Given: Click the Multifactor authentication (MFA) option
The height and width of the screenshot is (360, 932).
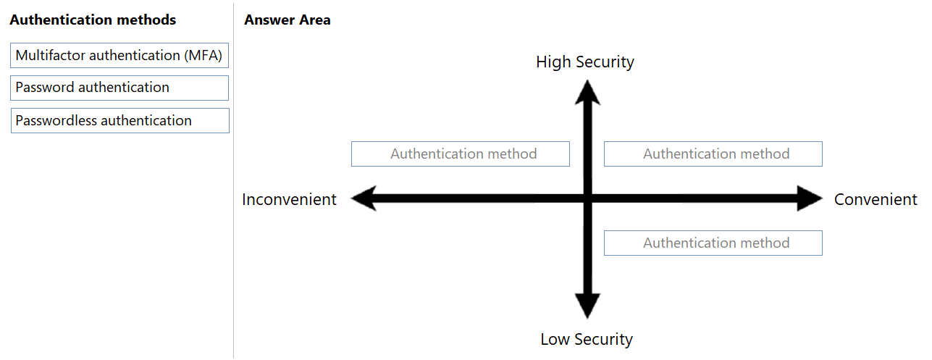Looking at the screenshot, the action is pyautogui.click(x=119, y=55).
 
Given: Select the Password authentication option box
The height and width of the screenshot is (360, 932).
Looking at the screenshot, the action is pyautogui.click(x=119, y=88).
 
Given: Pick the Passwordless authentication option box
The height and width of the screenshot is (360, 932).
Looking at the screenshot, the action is pyautogui.click(x=119, y=121).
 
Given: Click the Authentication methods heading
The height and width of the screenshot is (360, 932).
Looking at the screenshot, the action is pyautogui.click(x=93, y=20).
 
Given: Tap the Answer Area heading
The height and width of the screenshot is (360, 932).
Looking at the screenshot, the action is pyautogui.click(x=287, y=20).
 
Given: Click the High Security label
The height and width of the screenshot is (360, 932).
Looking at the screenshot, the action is pyautogui.click(x=585, y=62).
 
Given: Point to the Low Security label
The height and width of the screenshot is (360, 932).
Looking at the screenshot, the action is pyautogui.click(x=587, y=339).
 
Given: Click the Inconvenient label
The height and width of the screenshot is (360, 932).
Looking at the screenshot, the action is pyautogui.click(x=289, y=199).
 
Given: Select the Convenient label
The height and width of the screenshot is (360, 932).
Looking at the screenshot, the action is pyautogui.click(x=876, y=199).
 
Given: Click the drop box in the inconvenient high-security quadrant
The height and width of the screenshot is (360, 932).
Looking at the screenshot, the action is pyautogui.click(x=461, y=154).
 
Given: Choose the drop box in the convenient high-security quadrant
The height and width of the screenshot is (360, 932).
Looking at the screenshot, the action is pyautogui.click(x=713, y=154).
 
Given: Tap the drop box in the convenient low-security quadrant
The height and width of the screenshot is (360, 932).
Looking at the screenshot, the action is pyautogui.click(x=713, y=243).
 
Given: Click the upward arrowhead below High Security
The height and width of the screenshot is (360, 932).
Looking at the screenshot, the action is pyautogui.click(x=587, y=93).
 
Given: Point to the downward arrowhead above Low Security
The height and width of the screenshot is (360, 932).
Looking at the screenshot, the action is pyautogui.click(x=587, y=306).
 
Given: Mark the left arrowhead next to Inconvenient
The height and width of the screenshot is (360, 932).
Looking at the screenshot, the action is pyautogui.click(x=364, y=198).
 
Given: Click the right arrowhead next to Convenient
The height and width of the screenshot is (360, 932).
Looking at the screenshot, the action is pyautogui.click(x=810, y=198).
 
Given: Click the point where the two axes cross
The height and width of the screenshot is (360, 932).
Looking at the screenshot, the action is pyautogui.click(x=587, y=198).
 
